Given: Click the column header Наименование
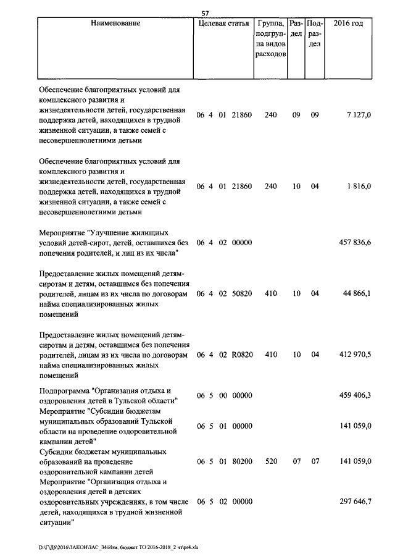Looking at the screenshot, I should [x=115, y=23].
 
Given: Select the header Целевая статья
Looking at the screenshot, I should [x=223, y=23].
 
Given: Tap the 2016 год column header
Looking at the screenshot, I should [x=348, y=23].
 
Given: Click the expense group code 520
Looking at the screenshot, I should [x=270, y=461].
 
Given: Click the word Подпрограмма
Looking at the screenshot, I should [x=62, y=390].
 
